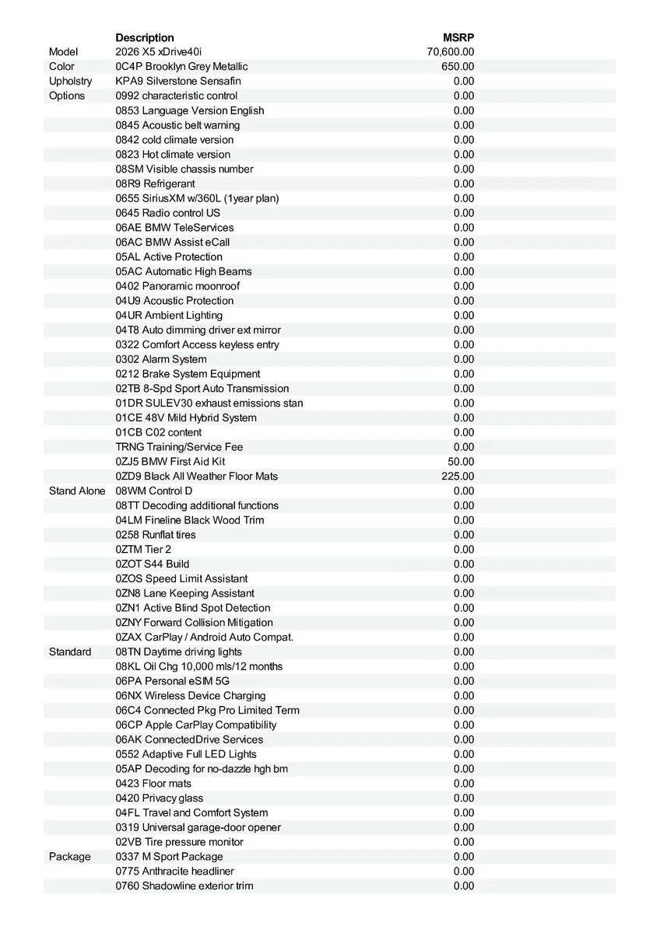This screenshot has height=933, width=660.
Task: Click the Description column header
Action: [x=145, y=37]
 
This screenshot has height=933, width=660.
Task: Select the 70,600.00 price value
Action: [x=451, y=52]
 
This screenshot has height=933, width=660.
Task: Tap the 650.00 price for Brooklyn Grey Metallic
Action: [x=458, y=67]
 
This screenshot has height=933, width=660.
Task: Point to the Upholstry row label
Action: [x=70, y=81]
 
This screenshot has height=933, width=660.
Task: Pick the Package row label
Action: [x=69, y=857]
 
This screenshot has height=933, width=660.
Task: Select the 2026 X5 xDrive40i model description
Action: [x=158, y=52]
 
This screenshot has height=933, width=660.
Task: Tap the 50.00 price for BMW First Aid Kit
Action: [x=462, y=462]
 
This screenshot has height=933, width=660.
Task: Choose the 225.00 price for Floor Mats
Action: [x=458, y=477]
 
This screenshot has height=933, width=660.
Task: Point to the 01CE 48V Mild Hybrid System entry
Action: [x=186, y=418]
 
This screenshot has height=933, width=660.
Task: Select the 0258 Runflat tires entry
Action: [x=156, y=535]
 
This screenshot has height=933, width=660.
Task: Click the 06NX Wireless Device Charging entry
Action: [x=191, y=696]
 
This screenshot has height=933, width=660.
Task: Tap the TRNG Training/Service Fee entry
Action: [x=179, y=447]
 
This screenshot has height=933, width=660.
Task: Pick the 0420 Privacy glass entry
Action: [x=160, y=798]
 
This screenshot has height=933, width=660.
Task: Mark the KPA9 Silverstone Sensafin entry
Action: [x=178, y=81]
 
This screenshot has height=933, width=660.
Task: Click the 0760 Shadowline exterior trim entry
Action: [x=184, y=886]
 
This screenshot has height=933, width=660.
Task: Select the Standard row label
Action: [x=70, y=652]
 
